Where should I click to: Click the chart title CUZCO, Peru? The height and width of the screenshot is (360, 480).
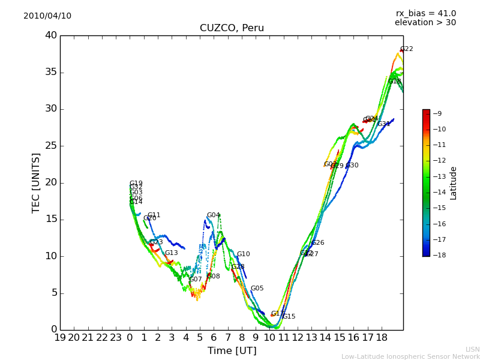pyautogui.click(x=232, y=28)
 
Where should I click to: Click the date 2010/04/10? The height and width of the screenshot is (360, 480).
pyautogui.click(x=47, y=16)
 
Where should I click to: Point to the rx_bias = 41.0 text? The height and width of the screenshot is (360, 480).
pyautogui.click(x=425, y=14)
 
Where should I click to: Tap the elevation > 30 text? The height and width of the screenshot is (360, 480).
pyautogui.click(x=425, y=23)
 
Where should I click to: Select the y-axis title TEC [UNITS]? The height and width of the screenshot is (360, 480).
pyautogui.click(x=36, y=182)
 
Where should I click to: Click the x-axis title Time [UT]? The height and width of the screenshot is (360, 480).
pyautogui.click(x=232, y=351)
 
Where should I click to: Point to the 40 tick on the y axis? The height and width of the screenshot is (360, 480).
pyautogui.click(x=51, y=35)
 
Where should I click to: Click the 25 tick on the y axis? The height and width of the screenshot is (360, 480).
pyautogui.click(x=51, y=146)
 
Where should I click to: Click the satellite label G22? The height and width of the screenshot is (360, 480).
pyautogui.click(x=407, y=49)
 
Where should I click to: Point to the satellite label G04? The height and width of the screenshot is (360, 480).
pyautogui.click(x=214, y=215)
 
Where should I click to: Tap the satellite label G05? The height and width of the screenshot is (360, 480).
pyautogui.click(x=257, y=289)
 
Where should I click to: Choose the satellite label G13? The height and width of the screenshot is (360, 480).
pyautogui.click(x=172, y=253)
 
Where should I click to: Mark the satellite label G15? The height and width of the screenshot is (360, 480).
pyautogui.click(x=289, y=317)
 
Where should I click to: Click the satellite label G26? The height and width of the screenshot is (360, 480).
pyautogui.click(x=317, y=243)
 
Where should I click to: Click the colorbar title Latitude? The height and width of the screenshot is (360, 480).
pyautogui.click(x=454, y=183)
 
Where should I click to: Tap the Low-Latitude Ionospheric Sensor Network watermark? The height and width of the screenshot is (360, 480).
pyautogui.click(x=410, y=356)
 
